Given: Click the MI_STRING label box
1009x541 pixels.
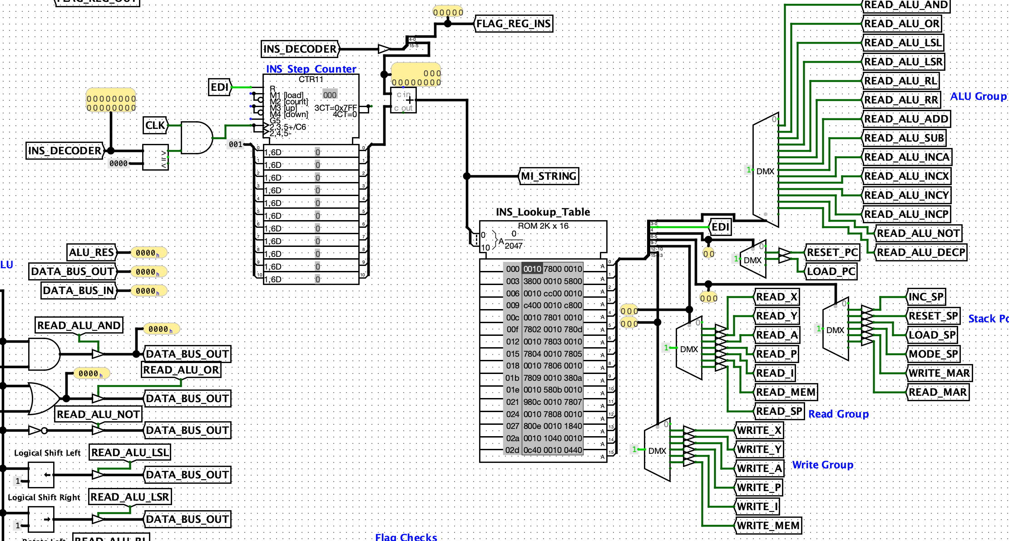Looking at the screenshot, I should click(549, 176).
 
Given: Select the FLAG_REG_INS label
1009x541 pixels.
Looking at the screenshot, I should click(514, 24).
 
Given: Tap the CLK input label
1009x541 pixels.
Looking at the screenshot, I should click(155, 125).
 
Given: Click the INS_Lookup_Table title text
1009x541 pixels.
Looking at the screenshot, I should click(543, 212).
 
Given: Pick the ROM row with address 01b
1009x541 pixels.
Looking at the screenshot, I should click(544, 378).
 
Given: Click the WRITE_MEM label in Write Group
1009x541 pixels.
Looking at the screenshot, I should click(768, 526).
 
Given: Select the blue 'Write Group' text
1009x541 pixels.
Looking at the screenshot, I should click(822, 465).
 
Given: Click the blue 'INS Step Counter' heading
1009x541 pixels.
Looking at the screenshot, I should click(311, 69).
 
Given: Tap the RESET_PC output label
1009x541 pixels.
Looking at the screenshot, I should click(832, 252).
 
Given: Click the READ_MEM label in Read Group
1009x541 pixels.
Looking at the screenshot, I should click(785, 392).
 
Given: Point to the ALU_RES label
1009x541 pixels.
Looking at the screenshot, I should click(91, 252).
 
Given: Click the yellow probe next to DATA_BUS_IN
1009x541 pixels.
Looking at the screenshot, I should click(148, 291).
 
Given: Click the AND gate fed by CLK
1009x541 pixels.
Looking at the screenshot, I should click(196, 138).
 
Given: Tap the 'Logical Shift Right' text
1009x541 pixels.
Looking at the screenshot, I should click(44, 497).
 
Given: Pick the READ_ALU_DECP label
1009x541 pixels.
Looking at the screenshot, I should click(920, 252).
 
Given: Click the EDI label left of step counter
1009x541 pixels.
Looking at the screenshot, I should click(220, 87).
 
